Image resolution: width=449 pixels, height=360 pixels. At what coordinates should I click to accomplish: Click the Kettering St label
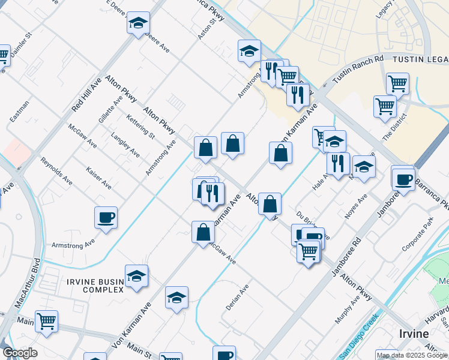[141, 127]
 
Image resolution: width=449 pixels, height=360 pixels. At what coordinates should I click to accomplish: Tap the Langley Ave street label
[125, 146]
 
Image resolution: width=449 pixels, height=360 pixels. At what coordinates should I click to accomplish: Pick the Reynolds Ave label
[56, 171]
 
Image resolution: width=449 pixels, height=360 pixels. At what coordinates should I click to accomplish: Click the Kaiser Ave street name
[98, 178]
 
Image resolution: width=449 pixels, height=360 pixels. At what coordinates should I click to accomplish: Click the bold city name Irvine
[413, 334]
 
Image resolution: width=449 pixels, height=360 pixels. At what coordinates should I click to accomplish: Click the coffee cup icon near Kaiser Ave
[106, 217]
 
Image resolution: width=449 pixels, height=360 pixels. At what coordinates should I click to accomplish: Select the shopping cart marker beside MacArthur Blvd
[46, 320]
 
